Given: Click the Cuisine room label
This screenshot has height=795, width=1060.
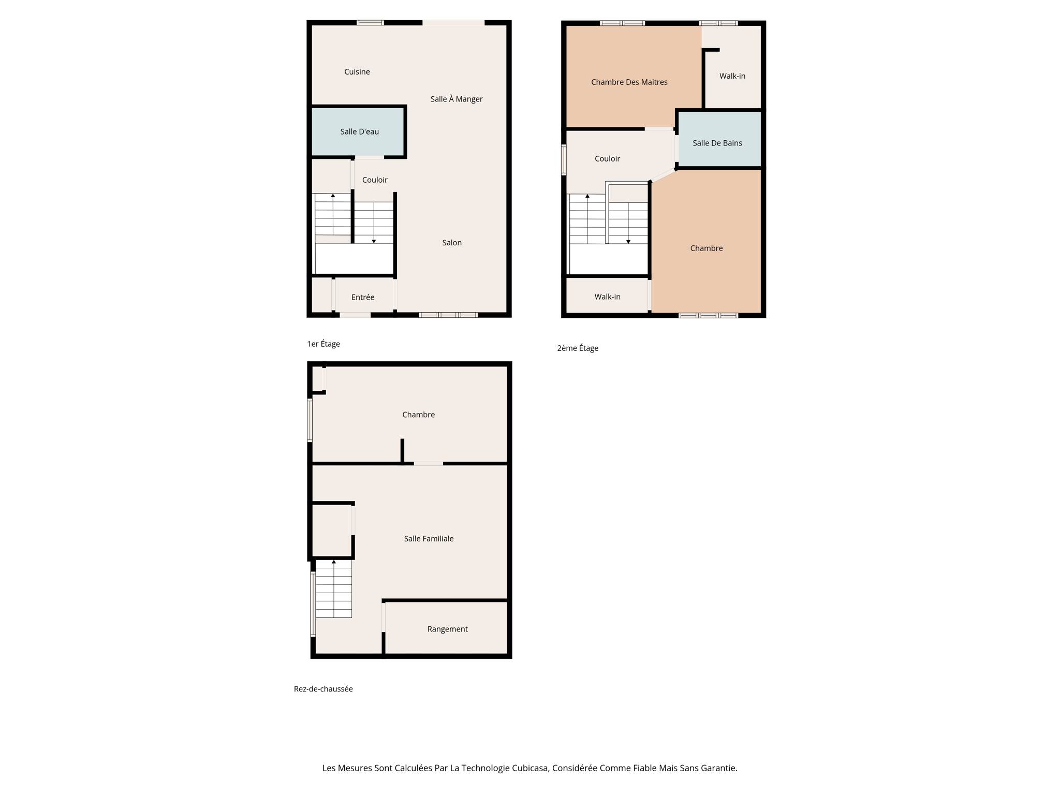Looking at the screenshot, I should pos(357,72).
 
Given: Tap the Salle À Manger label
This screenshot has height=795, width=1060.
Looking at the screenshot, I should pos(456,99).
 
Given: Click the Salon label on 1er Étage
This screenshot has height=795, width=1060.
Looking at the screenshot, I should pos(451,243).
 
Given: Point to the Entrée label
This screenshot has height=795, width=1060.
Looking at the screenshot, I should pos(362,297).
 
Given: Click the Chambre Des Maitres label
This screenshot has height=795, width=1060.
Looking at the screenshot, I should pos(629,82).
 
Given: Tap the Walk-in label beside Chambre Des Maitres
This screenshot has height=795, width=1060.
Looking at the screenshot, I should pos(732,76).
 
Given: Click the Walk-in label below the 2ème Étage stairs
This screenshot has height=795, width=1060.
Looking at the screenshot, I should pos(607,297).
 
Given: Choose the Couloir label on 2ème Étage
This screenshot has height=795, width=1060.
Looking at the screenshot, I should pos(607,159).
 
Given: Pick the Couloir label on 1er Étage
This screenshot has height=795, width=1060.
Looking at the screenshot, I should pos(374,180).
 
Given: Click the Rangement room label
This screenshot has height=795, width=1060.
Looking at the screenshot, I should pos(447,629).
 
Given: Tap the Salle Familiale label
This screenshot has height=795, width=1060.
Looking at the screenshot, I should pos(429,539).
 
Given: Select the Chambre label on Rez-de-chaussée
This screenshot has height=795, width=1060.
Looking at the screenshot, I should pos(418,415).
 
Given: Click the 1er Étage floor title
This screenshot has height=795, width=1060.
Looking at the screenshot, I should pos(323,344).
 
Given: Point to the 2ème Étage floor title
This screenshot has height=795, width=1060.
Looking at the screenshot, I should pos(577,348).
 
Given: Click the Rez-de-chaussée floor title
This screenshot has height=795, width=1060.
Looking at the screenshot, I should pos(323,689).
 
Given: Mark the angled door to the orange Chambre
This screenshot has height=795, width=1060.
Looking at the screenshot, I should pos(664,175).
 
